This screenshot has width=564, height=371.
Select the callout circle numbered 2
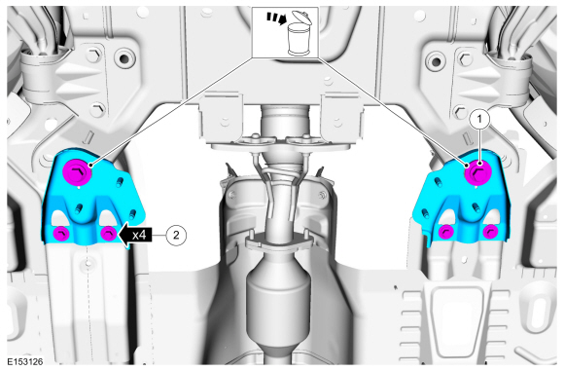[x=176, y=234]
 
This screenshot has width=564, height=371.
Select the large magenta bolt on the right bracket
[x=476, y=173]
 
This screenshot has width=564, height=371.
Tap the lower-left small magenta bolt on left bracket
[x=60, y=232]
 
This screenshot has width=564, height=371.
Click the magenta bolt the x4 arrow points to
[x=108, y=233]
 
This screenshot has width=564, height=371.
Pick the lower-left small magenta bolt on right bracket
[x=445, y=232]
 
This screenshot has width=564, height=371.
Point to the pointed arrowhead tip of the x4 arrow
[x=121, y=234]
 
